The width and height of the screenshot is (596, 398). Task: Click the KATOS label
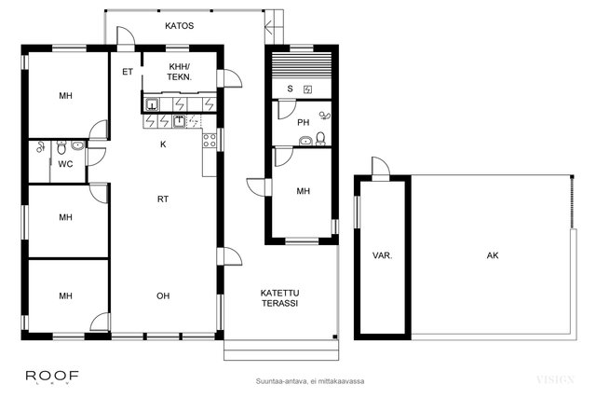180,26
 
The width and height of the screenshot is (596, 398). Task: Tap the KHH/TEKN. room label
180,72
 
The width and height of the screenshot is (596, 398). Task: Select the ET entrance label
128,72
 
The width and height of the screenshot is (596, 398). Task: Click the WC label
65,164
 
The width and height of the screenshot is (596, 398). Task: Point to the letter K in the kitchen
163,144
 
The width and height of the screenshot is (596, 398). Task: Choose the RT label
163,199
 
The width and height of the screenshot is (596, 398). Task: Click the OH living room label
163,296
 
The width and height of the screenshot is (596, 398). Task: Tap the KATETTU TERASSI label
279,298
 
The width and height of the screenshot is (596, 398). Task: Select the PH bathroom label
304,122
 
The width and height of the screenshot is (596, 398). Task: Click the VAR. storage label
383,255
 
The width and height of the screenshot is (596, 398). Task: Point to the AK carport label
493,255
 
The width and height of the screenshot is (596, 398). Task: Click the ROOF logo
52,377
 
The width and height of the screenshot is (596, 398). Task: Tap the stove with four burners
210,140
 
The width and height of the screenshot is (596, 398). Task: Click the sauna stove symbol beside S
308,89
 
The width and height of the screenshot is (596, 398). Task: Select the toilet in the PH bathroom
320,139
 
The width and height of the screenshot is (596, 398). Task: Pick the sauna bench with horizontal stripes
302,64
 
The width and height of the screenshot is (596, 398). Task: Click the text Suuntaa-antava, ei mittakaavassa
310,381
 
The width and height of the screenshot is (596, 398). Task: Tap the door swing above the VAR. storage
381,167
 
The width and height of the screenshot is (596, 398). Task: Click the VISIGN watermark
555,379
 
